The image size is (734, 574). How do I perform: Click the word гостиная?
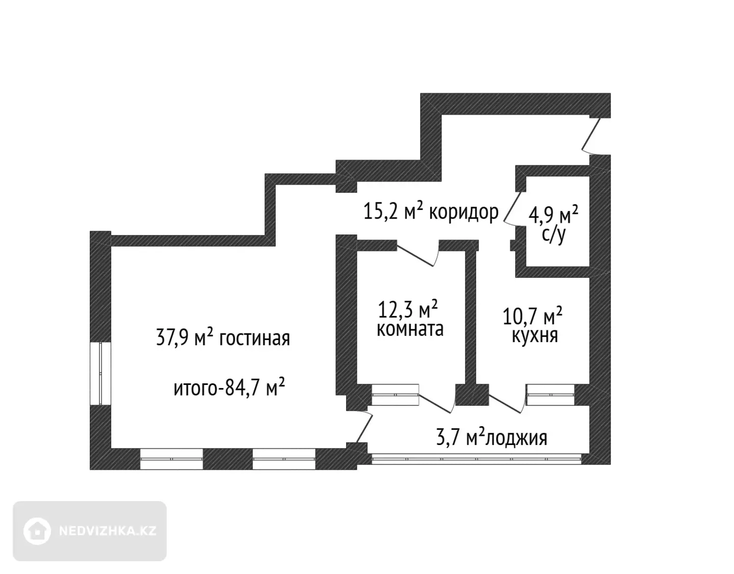(x=255, y=338)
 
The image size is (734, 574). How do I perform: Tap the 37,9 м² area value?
(x=185, y=337)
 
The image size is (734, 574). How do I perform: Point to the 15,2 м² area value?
(x=394, y=211)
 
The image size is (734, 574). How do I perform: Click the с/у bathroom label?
(x=553, y=235)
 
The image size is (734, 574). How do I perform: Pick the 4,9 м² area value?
(x=553, y=215)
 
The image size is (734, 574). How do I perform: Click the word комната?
(x=410, y=329)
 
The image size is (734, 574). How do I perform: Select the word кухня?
(x=535, y=335)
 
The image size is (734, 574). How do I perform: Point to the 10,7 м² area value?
(x=532, y=316)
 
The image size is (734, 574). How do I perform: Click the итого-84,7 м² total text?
(x=229, y=387)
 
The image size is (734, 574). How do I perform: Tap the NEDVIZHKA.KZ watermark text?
(x=108, y=531)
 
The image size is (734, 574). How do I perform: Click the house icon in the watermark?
(x=37, y=531)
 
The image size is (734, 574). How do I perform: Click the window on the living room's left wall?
(x=100, y=374)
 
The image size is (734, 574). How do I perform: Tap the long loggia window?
(x=476, y=459)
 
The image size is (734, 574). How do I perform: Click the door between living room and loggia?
(x=363, y=428)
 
